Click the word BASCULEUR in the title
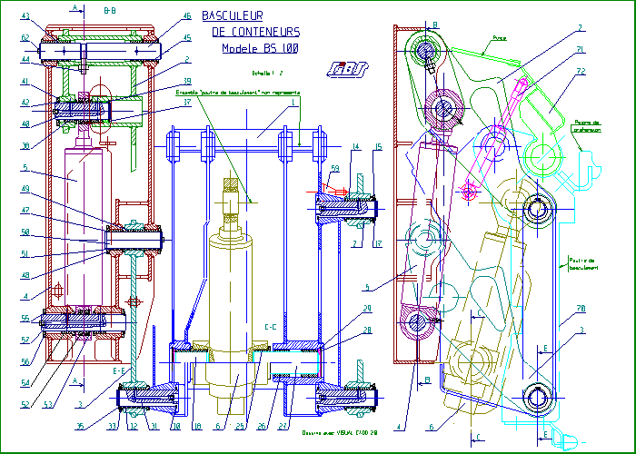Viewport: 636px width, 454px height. [232, 15]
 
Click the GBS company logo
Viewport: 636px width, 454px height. [347, 69]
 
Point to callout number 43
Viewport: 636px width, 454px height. [25, 16]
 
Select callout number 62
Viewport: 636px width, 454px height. [25, 37]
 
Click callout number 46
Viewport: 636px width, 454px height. [187, 15]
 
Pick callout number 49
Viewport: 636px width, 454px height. [25, 188]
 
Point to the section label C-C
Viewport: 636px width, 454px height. [270, 325]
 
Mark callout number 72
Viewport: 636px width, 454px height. [581, 70]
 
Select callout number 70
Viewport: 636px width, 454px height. [580, 310]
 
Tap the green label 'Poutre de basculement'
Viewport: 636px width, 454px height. [581, 262]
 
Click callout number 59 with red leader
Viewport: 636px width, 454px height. [335, 167]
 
